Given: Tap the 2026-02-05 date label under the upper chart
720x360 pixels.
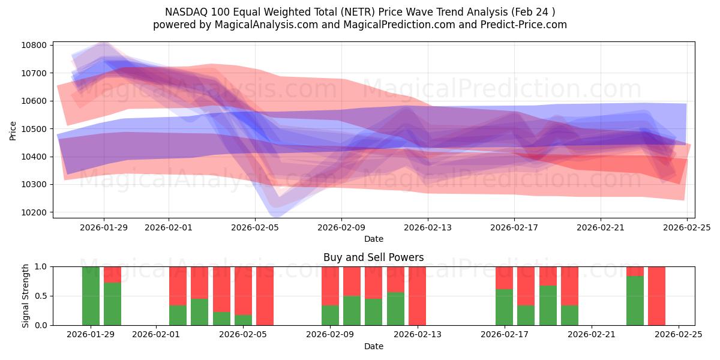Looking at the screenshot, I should tap(255, 227).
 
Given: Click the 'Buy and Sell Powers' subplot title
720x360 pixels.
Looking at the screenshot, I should tap(373, 257).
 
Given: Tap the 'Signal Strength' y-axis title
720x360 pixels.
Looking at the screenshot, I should tap(25, 296).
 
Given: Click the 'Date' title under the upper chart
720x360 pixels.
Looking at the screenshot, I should tap(373, 239).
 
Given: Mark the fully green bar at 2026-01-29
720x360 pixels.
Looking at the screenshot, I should tap(91, 296).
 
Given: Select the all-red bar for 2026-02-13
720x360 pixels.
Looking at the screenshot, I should tap(417, 296).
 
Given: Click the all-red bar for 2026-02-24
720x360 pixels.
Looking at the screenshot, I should tap(656, 296).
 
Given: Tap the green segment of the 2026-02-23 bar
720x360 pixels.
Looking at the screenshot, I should tap(635, 301).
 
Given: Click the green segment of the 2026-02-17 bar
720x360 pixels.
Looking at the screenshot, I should tap(504, 307).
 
